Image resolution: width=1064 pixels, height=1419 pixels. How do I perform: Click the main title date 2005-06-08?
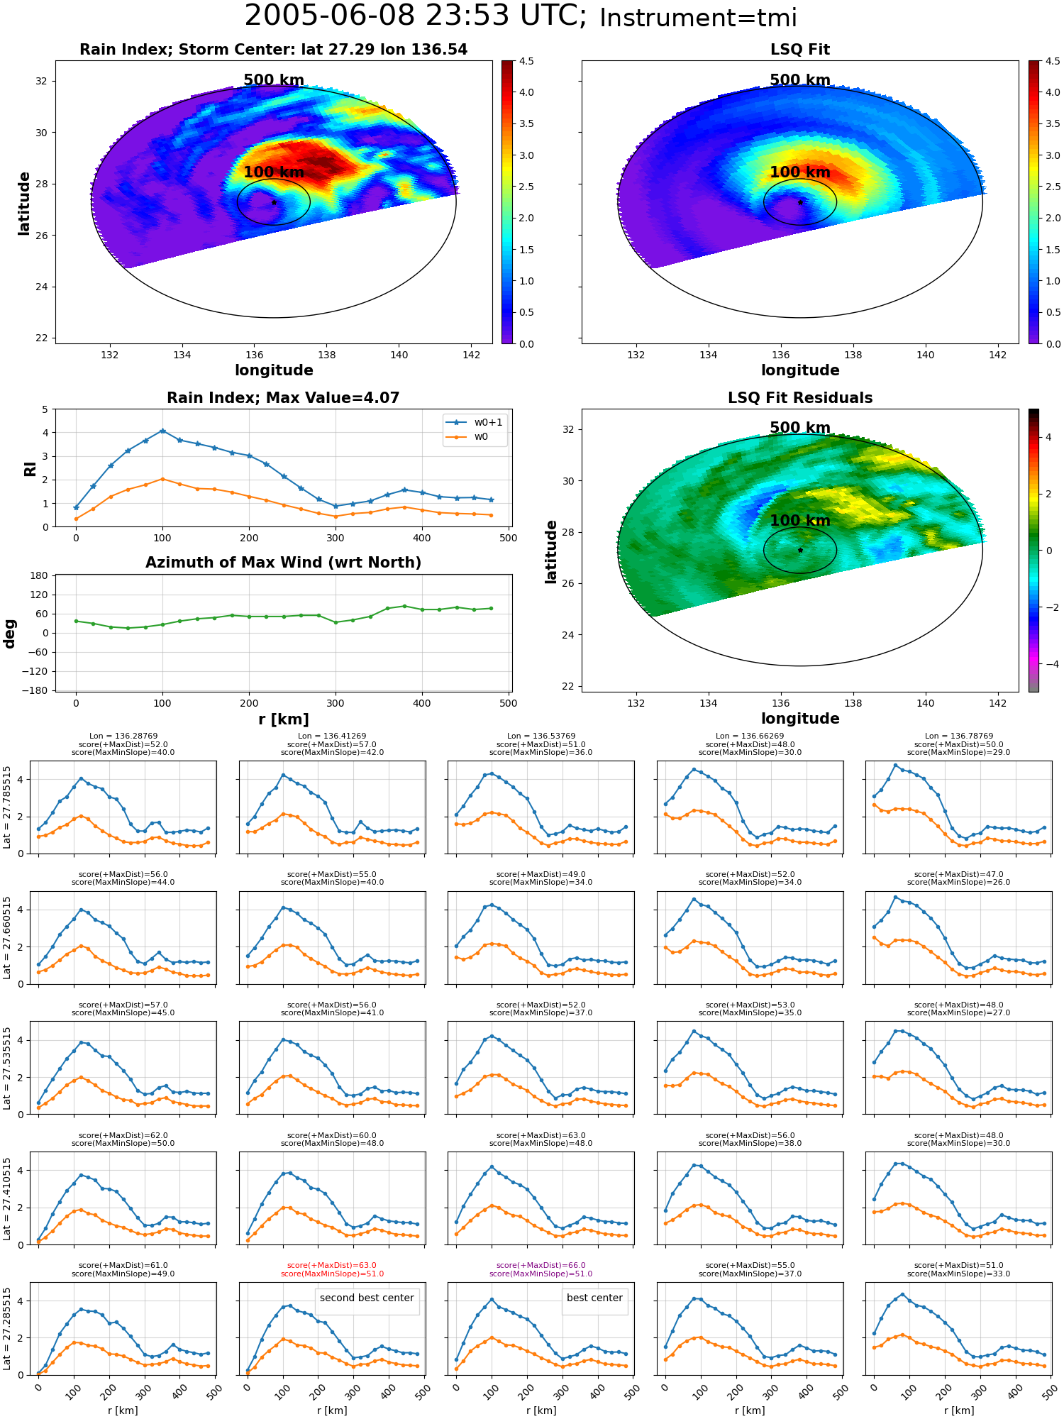click(x=341, y=16)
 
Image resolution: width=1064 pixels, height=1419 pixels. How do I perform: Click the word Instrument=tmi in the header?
click(x=698, y=18)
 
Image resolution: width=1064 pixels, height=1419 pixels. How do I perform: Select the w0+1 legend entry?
click(x=475, y=423)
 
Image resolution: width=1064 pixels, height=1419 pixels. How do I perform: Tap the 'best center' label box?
click(x=594, y=1298)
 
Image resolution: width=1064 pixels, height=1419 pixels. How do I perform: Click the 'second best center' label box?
click(x=367, y=1298)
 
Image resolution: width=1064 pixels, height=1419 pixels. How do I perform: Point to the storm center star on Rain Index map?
click(x=274, y=202)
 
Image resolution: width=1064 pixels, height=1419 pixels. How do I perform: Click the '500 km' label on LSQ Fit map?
click(x=800, y=80)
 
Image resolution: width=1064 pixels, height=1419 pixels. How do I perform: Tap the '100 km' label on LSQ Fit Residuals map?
click(x=800, y=521)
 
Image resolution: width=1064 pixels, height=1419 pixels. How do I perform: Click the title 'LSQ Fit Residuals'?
click(x=800, y=398)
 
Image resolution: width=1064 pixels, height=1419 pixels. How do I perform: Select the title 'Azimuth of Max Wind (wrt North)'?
click(x=283, y=563)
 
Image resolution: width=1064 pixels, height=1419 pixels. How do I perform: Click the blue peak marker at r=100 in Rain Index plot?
click(x=162, y=431)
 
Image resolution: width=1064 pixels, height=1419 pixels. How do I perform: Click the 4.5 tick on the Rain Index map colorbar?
click(x=526, y=61)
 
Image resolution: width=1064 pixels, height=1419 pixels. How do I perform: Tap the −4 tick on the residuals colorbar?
click(x=1048, y=664)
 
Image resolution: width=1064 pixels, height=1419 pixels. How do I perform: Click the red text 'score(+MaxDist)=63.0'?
click(x=332, y=1266)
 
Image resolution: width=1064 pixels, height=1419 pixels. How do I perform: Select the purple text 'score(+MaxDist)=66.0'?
click(x=541, y=1266)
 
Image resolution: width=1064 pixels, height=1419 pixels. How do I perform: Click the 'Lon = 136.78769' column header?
click(x=958, y=736)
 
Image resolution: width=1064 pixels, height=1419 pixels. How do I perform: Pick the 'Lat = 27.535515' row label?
click(x=7, y=1068)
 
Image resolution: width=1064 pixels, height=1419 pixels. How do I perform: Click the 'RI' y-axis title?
click(x=30, y=468)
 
